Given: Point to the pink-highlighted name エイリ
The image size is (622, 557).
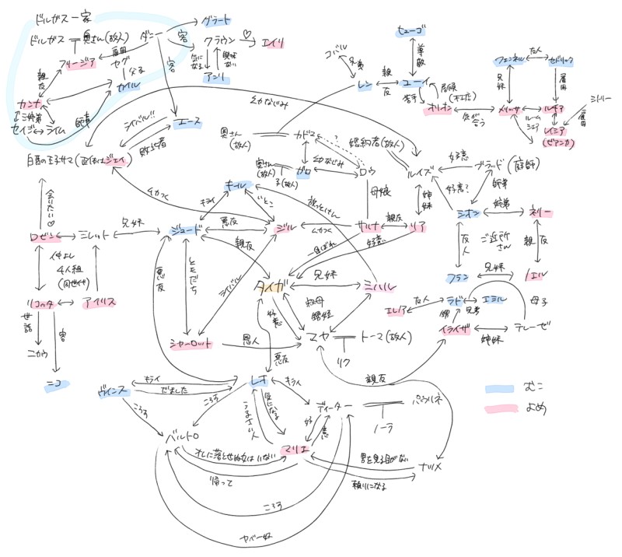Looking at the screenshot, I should click(275, 43).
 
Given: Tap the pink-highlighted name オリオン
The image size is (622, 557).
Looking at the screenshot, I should click(436, 110).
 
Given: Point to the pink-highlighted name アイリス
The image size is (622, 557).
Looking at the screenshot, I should click(99, 303).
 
